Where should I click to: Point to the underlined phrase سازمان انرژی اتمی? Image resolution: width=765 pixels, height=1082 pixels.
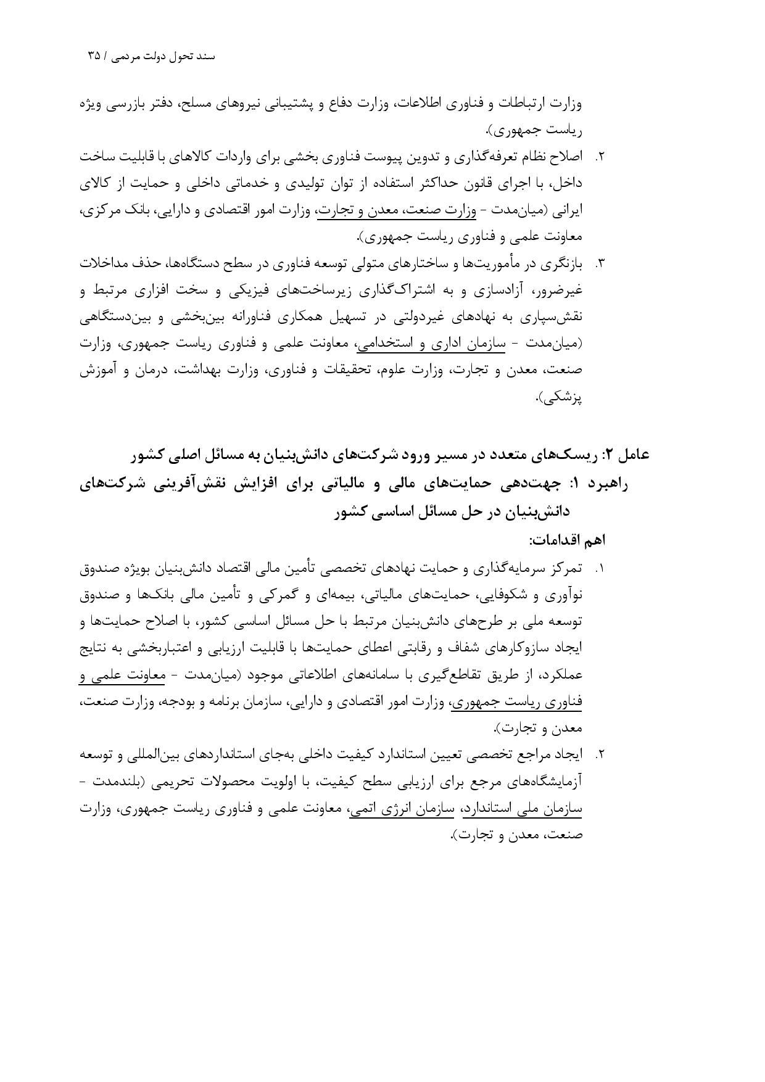402,809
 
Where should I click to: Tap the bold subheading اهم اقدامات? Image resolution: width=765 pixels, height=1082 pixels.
566,540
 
